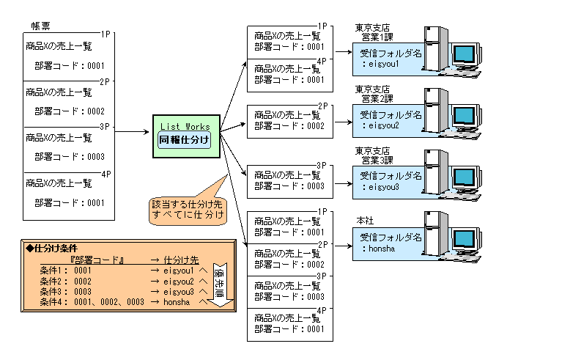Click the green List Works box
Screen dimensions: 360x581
(x=184, y=135)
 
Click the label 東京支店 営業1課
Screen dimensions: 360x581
(x=372, y=32)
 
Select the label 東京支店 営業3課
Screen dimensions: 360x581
(x=372, y=156)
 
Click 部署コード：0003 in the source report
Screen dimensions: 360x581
(x=70, y=157)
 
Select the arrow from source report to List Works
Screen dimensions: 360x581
(x=132, y=133)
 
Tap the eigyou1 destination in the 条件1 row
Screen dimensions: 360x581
(x=180, y=271)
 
